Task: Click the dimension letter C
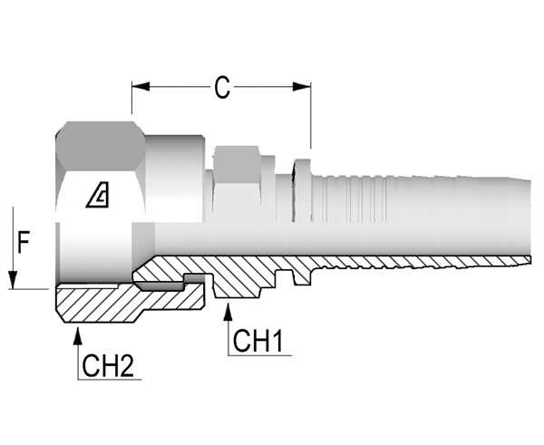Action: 222,87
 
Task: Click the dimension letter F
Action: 24,243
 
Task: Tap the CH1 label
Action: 257,341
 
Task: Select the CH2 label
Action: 108,365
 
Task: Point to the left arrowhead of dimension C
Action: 141,87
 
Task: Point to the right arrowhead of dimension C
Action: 302,87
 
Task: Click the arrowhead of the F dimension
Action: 13,280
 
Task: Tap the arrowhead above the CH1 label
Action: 228,312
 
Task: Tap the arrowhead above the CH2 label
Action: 78,335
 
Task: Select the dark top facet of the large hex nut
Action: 101,146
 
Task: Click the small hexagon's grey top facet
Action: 237,163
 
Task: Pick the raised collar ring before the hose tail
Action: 303,190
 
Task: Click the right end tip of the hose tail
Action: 530,259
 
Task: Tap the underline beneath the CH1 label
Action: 259,355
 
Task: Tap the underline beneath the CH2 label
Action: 110,380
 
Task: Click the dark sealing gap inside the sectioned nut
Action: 160,285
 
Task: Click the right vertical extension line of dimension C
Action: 311,115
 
